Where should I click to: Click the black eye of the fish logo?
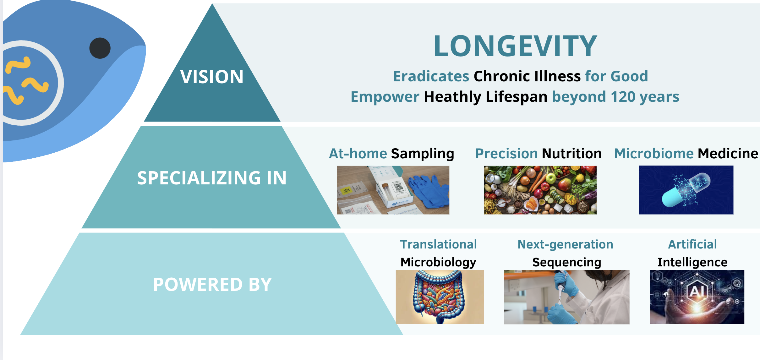100,48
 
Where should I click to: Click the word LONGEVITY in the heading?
515,46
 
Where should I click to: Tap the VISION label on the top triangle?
212,77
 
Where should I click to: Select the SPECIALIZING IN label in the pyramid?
212,178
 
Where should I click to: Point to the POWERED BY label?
212,284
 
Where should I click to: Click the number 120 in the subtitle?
623,97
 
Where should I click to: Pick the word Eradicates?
431,76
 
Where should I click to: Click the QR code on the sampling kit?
398,187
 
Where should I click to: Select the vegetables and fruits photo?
540,190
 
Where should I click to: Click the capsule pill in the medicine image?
686,190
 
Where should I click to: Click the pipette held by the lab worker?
561,287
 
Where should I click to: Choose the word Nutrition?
572,154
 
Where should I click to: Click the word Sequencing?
567,262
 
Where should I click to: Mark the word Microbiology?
438,262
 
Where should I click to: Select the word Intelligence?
692,262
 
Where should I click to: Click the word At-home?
358,154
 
